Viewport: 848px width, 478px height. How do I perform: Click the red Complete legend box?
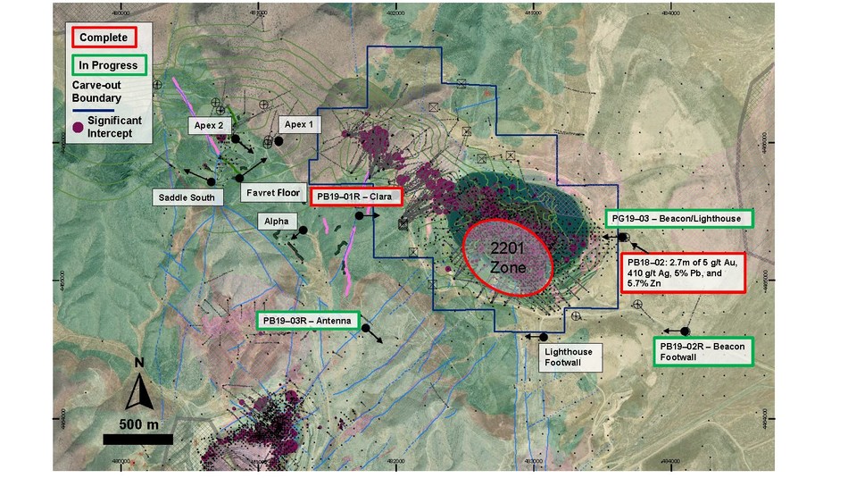104,37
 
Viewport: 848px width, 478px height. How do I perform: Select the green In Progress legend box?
107,65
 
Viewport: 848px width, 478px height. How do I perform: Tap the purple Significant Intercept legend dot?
79,128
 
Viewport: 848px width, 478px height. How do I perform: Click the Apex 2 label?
208,126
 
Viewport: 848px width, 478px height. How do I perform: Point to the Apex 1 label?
297,124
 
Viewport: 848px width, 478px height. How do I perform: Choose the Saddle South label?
187,197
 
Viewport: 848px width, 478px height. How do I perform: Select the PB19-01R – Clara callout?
356,197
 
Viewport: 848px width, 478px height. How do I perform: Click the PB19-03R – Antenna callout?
308,319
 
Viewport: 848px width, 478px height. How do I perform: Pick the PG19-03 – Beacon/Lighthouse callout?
679,218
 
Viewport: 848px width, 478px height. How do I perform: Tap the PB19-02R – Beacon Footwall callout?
703,351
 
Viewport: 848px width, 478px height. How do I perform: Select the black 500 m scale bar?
137,438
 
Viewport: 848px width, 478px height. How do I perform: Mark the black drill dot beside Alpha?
303,230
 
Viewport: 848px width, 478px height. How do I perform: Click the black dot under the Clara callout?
359,215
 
